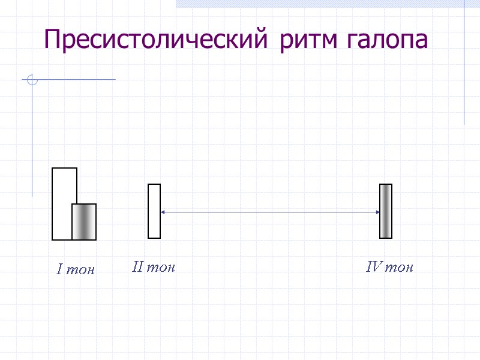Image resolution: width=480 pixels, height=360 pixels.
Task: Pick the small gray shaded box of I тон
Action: point(84,221)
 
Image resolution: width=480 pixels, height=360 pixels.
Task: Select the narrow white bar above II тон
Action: point(154,211)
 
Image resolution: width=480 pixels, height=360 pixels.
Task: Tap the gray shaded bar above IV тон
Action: point(386,211)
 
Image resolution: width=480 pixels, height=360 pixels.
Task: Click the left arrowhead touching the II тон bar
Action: point(163,212)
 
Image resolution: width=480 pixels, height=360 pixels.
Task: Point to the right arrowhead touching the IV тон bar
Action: point(377,212)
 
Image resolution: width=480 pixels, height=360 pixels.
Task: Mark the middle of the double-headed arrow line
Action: point(270,212)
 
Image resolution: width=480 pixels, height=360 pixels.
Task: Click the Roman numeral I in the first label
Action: point(59,270)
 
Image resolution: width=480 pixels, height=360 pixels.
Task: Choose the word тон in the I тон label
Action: point(80,270)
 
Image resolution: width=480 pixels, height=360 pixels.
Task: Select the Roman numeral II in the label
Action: point(137,267)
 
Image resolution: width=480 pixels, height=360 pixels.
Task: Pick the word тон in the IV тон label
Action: point(399,267)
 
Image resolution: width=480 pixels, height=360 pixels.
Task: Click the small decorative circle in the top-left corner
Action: point(32,79)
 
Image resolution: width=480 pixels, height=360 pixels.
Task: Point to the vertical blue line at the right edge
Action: point(464,60)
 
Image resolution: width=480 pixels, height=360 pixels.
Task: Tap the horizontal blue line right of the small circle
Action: point(78,79)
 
